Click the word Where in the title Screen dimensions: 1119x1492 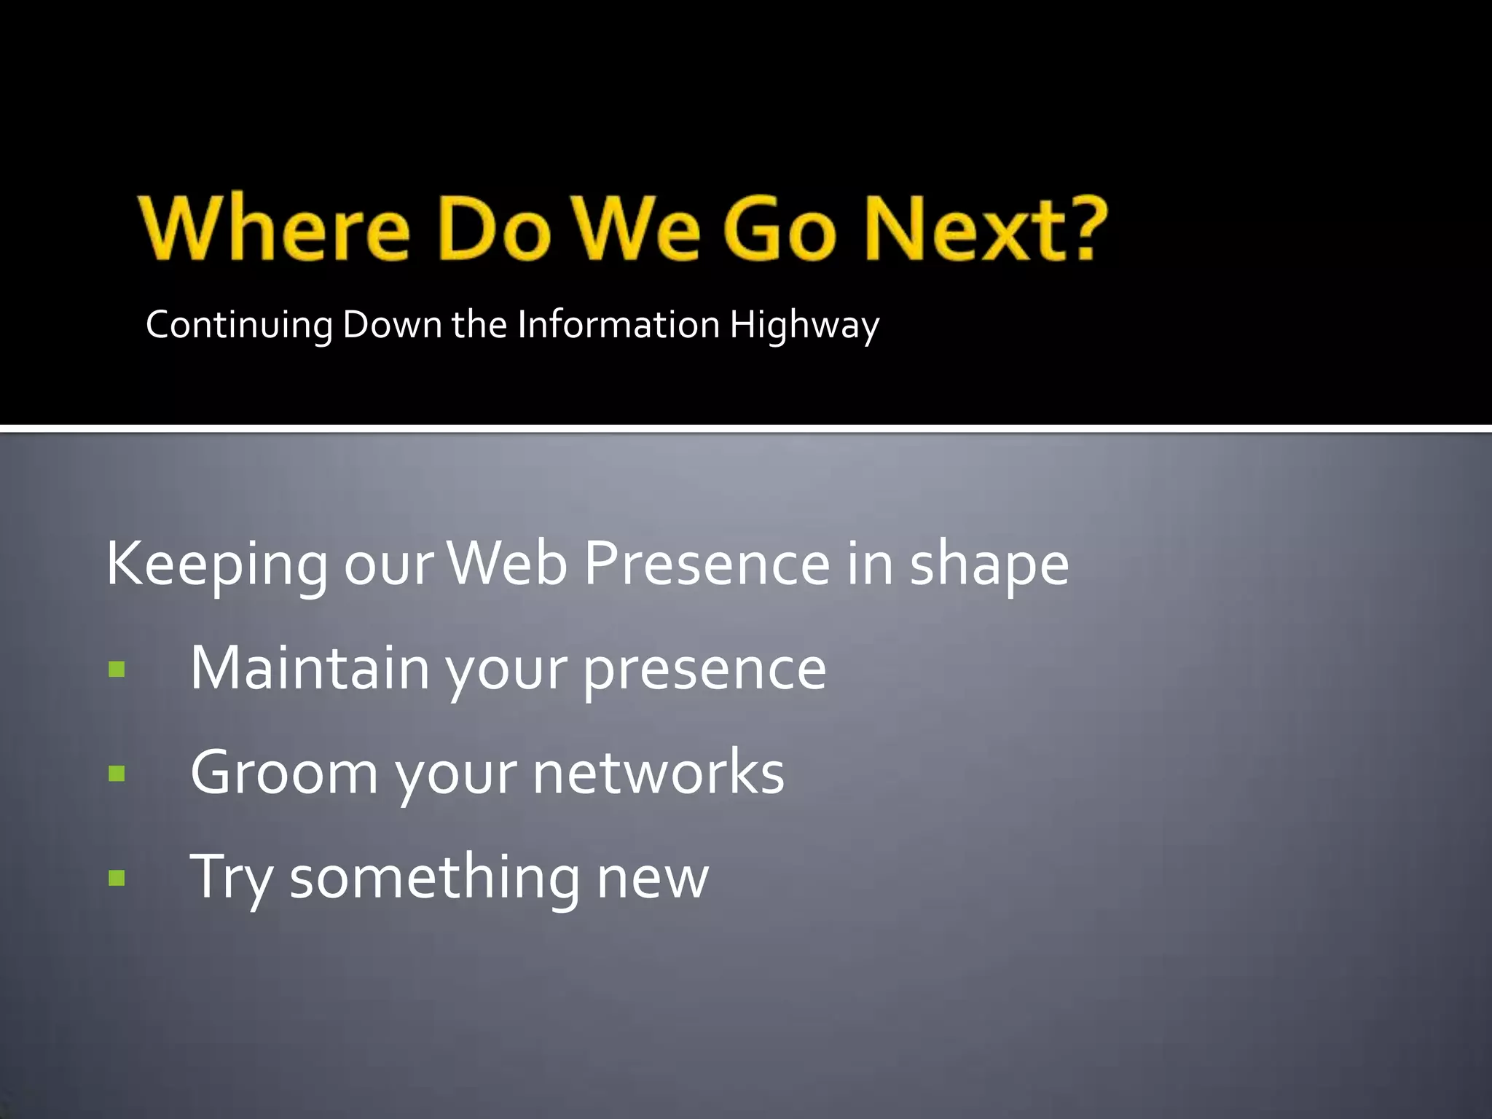275,228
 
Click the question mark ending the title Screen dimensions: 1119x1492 1081,228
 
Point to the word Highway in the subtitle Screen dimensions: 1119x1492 804,326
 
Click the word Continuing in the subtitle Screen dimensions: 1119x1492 239,326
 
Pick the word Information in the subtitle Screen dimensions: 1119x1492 619,324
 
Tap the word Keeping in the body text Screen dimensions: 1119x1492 217,565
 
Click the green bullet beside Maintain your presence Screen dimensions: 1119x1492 117,669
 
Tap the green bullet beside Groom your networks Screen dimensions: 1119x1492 117,773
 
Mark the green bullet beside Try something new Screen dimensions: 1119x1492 117,877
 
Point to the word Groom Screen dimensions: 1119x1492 284,772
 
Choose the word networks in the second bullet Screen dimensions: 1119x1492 658,772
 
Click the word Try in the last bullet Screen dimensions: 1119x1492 231,878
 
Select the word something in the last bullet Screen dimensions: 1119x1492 434,878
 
